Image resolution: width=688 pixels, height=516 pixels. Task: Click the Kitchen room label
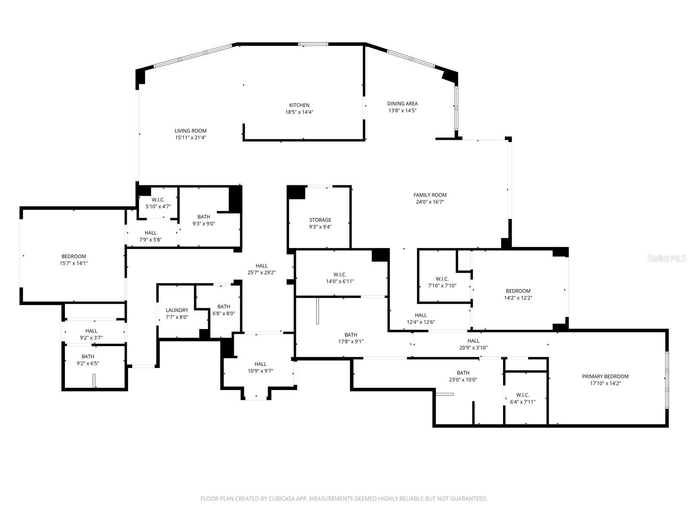coord(299,105)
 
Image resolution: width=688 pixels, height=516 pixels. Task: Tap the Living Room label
coord(190,131)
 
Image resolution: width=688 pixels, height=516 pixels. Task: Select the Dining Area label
coord(402,104)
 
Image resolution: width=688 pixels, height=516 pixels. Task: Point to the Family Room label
coord(430,195)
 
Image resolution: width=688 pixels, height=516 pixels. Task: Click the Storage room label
coord(320,220)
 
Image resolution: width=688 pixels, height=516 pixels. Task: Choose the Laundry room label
coord(177,310)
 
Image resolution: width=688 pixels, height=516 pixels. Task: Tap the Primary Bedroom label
coord(605,377)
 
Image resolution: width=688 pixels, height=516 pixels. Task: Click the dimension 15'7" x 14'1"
coord(74,264)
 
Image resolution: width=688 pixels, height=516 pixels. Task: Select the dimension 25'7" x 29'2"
coord(262,273)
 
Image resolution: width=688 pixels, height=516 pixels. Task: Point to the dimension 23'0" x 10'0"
coord(463,380)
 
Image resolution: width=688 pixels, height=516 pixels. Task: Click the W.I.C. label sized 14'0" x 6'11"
coord(340,275)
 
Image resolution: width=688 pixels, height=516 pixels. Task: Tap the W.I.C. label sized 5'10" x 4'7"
coord(158,200)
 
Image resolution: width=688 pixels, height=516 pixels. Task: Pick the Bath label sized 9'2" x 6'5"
coord(88,356)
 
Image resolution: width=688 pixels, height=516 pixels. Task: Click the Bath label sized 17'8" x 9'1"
coord(351,335)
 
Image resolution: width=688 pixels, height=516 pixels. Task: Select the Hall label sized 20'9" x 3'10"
coord(473,341)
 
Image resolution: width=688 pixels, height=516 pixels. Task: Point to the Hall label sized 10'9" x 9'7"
coord(261,364)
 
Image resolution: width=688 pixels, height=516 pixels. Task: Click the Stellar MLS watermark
coord(666,258)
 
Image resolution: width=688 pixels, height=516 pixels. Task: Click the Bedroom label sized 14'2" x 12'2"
coord(518,291)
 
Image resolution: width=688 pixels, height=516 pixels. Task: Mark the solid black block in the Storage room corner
coord(296,193)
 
